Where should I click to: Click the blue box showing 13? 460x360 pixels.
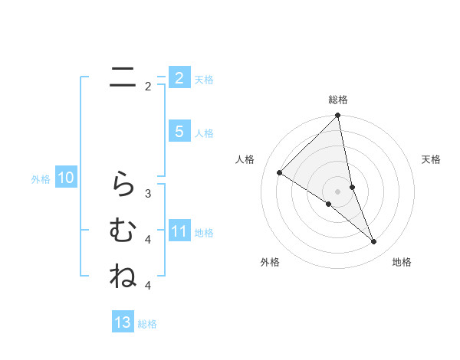pyautogui.click(x=123, y=322)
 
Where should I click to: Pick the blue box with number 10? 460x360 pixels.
pyautogui.click(x=65, y=178)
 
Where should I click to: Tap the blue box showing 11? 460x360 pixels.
pyautogui.click(x=179, y=231)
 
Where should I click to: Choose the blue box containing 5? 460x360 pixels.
pyautogui.click(x=179, y=132)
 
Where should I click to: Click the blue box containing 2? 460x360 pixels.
pyautogui.click(x=179, y=78)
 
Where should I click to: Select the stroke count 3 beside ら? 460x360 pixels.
pyautogui.click(x=148, y=193)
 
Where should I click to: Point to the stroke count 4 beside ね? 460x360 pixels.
pyautogui.click(x=148, y=286)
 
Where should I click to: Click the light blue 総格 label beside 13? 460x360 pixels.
pyautogui.click(x=147, y=324)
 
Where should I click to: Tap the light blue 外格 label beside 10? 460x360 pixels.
pyautogui.click(x=41, y=179)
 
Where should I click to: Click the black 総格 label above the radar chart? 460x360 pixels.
pyautogui.click(x=338, y=100)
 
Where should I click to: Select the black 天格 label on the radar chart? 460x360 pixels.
pyautogui.click(x=432, y=159)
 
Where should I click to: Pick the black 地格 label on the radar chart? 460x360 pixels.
pyautogui.click(x=402, y=262)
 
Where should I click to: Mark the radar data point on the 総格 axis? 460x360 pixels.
pyautogui.click(x=338, y=116)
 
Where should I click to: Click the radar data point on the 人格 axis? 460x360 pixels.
pyautogui.click(x=279, y=173)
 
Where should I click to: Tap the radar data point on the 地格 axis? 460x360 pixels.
pyautogui.click(x=374, y=242)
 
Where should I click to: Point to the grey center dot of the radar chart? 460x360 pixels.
pyautogui.click(x=338, y=191)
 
